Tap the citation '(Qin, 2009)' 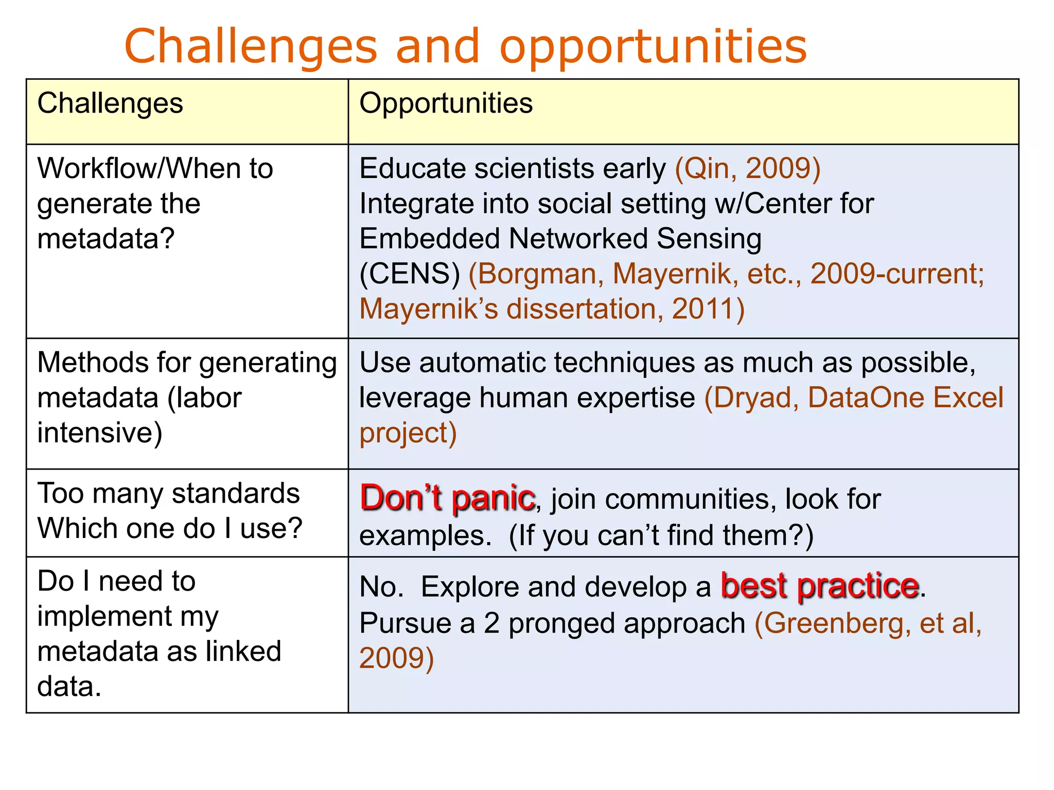coord(747,169)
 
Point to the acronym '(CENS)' coord(410,274)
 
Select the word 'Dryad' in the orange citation coord(751,398)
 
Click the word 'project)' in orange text coord(408,433)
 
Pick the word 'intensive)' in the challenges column coord(100,433)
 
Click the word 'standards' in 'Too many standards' coord(236,494)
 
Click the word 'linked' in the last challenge coord(243,652)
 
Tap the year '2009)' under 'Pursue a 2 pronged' coord(397,658)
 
